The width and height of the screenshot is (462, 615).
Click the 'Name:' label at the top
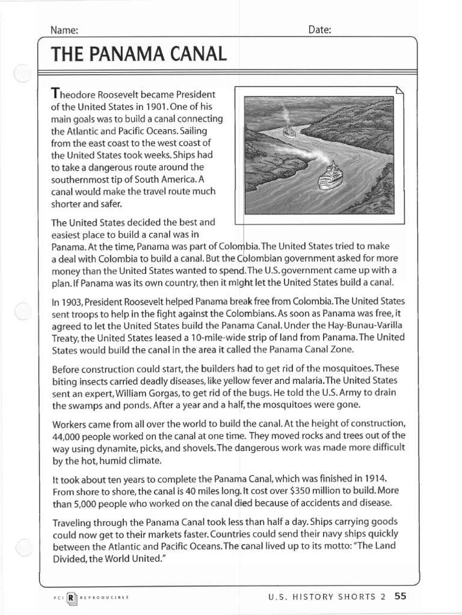tap(64, 30)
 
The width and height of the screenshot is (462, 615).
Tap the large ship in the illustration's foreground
tap(330, 177)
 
